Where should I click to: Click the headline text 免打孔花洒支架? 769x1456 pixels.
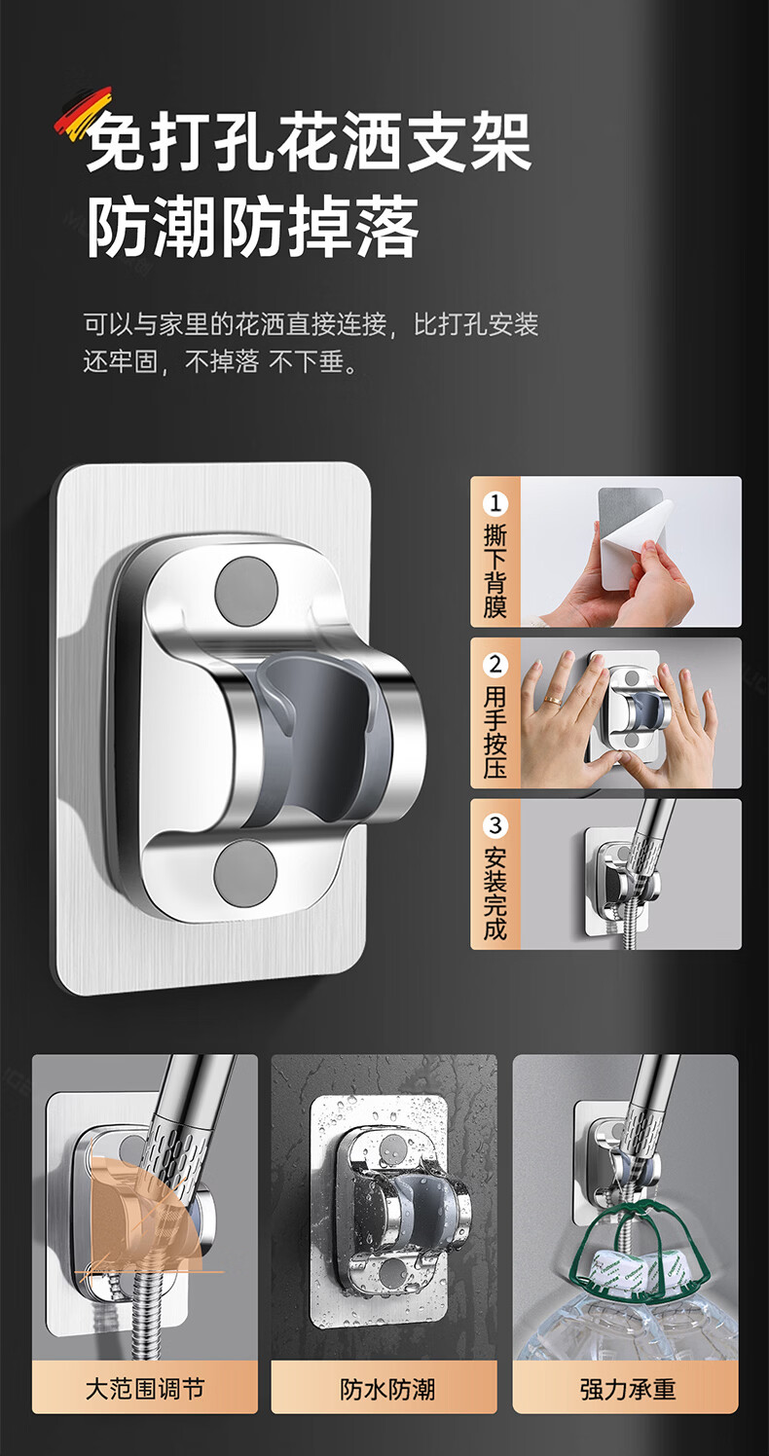click(310, 142)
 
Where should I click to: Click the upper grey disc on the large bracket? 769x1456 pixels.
click(246, 593)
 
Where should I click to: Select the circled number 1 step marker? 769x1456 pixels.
click(495, 503)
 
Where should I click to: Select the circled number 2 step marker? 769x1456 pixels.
click(495, 665)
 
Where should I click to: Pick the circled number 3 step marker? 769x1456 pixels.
click(495, 825)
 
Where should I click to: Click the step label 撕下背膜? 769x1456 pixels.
click(495, 570)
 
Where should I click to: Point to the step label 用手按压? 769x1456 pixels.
click(495, 732)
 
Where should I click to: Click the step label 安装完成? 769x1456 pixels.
click(495, 893)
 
